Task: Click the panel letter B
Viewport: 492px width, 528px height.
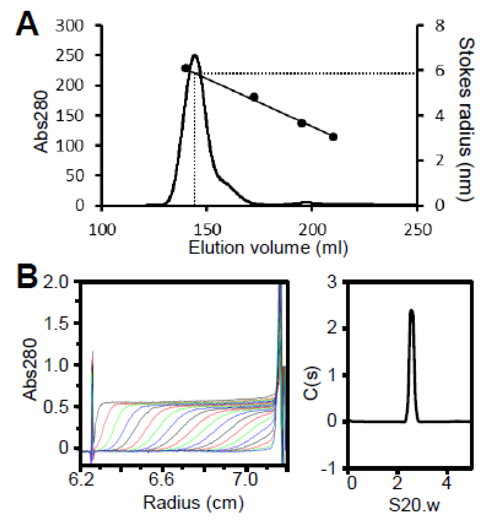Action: pyautogui.click(x=27, y=276)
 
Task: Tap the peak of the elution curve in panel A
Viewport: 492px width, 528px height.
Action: pyautogui.click(x=194, y=55)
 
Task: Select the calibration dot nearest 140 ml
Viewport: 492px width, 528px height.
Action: pyautogui.click(x=185, y=68)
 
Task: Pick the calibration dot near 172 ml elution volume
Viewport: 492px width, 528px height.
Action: pyautogui.click(x=254, y=97)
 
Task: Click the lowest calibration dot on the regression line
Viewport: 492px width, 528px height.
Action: pyautogui.click(x=333, y=137)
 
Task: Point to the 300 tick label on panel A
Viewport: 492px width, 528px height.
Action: pyautogui.click(x=69, y=26)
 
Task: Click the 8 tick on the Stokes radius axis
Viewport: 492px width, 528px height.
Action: pyautogui.click(x=440, y=26)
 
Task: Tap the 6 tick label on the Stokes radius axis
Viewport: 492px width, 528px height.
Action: pyautogui.click(x=440, y=71)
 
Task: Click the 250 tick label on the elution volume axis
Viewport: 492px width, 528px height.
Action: pyautogui.click(x=418, y=230)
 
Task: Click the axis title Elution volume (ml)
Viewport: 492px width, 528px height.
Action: pyautogui.click(x=268, y=248)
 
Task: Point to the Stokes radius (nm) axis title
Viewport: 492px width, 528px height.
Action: pyautogui.click(x=466, y=119)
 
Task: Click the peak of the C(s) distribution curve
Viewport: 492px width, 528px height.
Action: pyautogui.click(x=411, y=310)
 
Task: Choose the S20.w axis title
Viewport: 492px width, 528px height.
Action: pyautogui.click(x=414, y=505)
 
